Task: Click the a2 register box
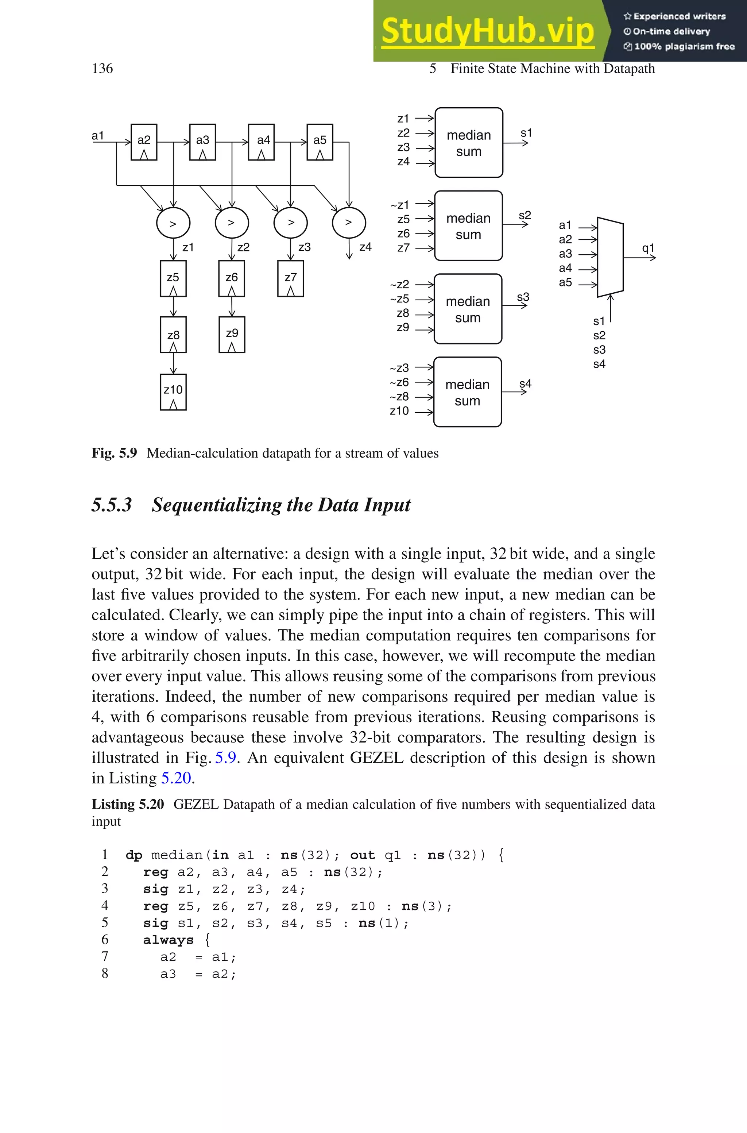pyautogui.click(x=144, y=142)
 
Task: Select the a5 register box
pyautogui.click(x=320, y=142)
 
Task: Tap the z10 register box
pyautogui.click(x=173, y=392)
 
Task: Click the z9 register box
pyautogui.click(x=232, y=335)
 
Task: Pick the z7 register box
pyautogui.click(x=291, y=279)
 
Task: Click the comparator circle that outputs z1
pyautogui.click(x=173, y=223)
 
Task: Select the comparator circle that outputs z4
pyautogui.click(x=349, y=223)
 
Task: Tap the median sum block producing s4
pyautogui.click(x=467, y=392)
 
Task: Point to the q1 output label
pyautogui.click(x=648, y=248)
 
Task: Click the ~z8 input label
pyautogui.click(x=399, y=396)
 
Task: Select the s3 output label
pyautogui.click(x=523, y=297)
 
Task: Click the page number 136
pyautogui.click(x=102, y=69)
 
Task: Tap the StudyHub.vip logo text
pyautogui.click(x=487, y=31)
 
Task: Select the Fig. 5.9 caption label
pyautogui.click(x=114, y=453)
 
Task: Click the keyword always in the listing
pyautogui.click(x=168, y=940)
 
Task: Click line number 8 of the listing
pyautogui.click(x=105, y=974)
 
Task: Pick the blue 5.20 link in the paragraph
pyautogui.click(x=176, y=778)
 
